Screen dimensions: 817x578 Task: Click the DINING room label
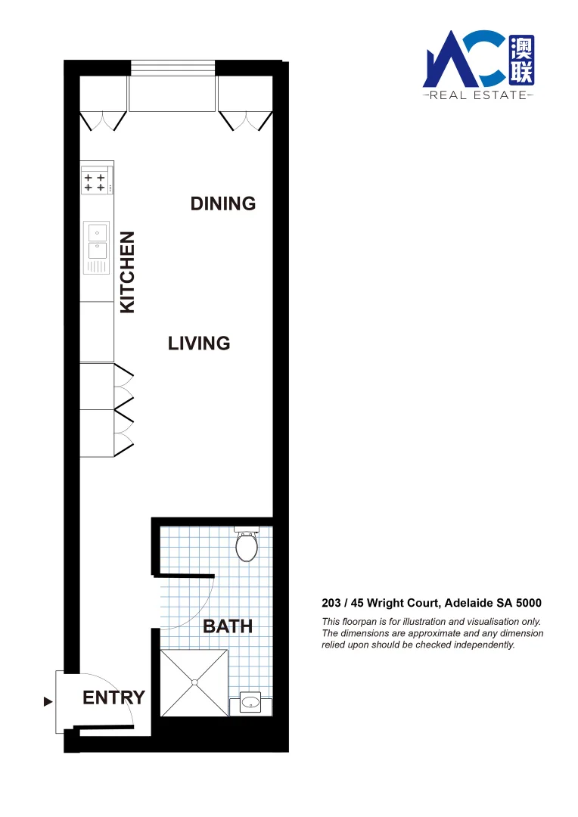(223, 203)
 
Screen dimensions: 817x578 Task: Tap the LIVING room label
(199, 343)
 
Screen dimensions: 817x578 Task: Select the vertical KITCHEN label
(128, 272)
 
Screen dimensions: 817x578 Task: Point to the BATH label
(228, 626)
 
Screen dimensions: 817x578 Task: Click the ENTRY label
(113, 697)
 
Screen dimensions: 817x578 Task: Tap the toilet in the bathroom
(247, 545)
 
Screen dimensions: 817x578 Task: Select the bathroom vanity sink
(250, 703)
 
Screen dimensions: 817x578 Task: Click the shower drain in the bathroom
(194, 682)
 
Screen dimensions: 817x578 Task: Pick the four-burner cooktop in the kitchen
(95, 182)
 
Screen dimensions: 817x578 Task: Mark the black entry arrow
(48, 702)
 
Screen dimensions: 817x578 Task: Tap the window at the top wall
(173, 68)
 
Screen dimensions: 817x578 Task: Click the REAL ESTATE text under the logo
(477, 95)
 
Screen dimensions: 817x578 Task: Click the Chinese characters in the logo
(521, 59)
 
